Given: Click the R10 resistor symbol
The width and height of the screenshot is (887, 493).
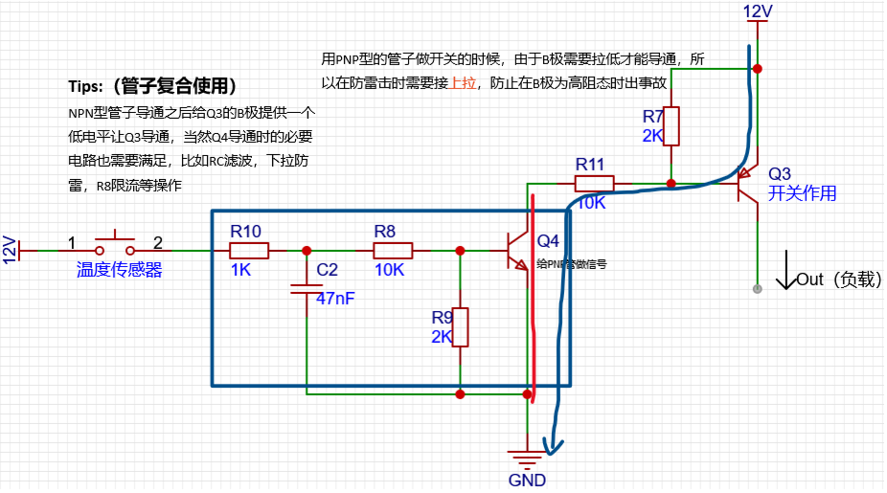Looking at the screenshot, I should click(249, 251).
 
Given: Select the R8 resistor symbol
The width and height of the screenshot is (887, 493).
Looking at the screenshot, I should click(392, 251).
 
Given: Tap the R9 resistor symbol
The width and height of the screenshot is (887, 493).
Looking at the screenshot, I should click(461, 326).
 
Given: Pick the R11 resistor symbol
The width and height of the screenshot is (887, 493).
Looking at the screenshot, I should click(594, 183).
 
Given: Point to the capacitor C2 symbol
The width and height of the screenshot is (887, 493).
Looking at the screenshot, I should click(306, 283).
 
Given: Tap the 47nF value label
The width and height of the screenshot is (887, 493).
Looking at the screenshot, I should click(335, 299).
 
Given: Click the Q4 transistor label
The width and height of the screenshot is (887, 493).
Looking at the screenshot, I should click(548, 240).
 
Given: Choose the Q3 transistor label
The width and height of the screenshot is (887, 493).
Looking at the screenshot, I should click(780, 173).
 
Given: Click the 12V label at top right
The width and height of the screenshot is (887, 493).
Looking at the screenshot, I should click(758, 11).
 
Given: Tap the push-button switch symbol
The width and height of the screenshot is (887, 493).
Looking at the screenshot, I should click(115, 241).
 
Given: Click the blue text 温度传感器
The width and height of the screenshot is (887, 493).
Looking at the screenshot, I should click(119, 270).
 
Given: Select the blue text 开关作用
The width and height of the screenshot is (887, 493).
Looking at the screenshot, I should click(802, 193).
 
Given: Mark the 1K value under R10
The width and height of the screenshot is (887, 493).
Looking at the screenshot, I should click(239, 270).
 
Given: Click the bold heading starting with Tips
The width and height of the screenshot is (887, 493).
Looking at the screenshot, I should click(152, 86).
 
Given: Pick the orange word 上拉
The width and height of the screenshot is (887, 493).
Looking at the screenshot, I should click(464, 82).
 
